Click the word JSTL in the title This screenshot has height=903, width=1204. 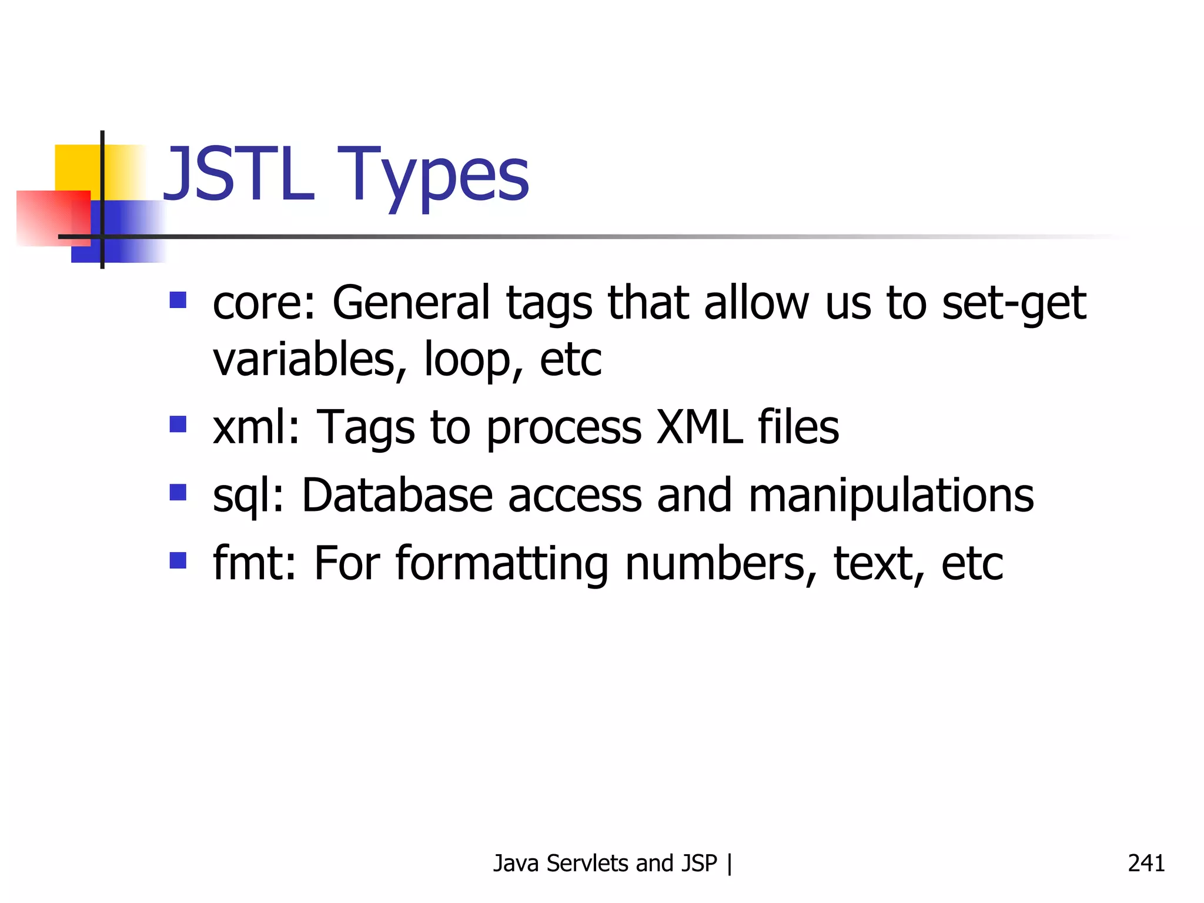[238, 174]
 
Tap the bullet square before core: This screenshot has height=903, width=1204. [178, 300]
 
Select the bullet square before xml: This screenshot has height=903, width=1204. [178, 424]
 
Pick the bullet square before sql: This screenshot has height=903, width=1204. [178, 492]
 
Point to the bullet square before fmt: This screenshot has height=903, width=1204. [178, 560]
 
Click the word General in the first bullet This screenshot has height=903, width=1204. [411, 303]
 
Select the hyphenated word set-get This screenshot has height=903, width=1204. [1014, 303]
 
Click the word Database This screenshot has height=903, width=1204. [397, 495]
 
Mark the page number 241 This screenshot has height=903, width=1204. [1146, 863]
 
